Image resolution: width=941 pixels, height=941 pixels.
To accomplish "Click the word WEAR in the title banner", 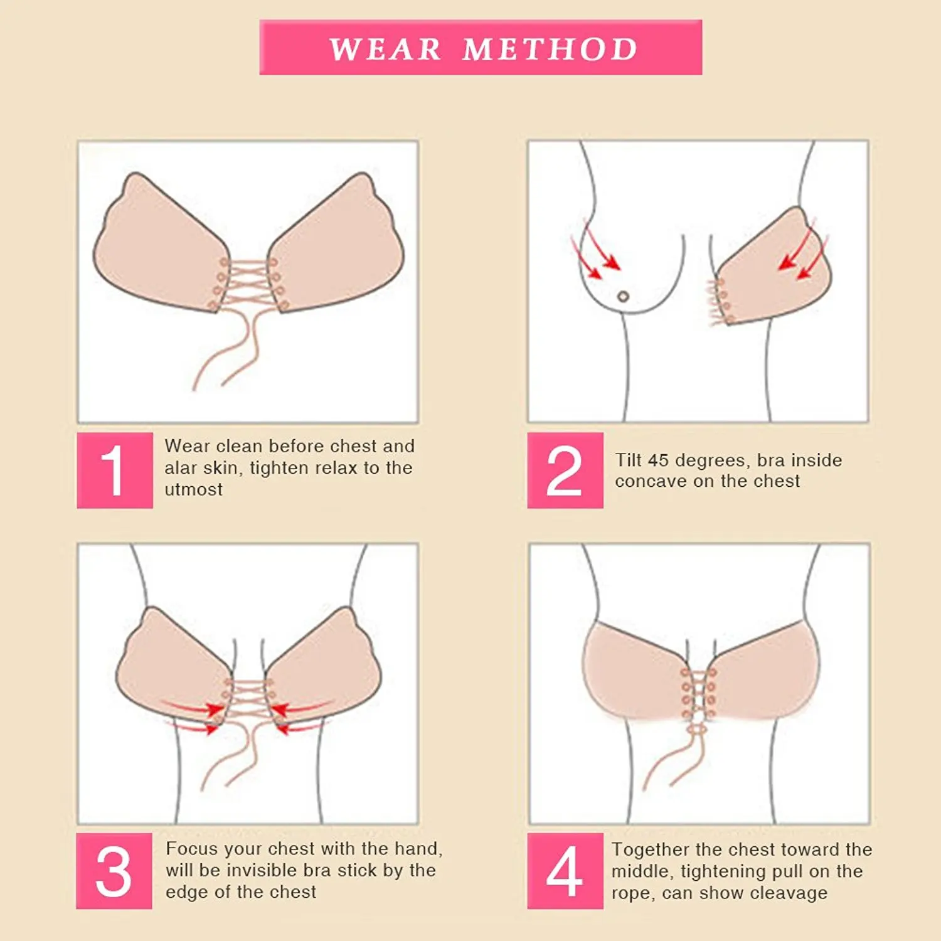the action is (x=385, y=49).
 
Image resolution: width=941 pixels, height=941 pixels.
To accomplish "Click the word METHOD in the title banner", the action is (x=550, y=49).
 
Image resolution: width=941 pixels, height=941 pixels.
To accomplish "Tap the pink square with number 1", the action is (x=115, y=470).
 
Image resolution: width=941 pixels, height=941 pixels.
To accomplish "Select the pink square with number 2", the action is (x=565, y=470).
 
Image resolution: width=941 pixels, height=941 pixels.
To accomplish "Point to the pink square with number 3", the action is (x=114, y=871).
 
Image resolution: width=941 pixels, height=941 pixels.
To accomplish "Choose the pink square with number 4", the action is (x=565, y=871).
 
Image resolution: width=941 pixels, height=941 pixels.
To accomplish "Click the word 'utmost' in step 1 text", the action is (x=193, y=490).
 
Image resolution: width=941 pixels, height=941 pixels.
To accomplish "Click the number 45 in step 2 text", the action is (x=658, y=460).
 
